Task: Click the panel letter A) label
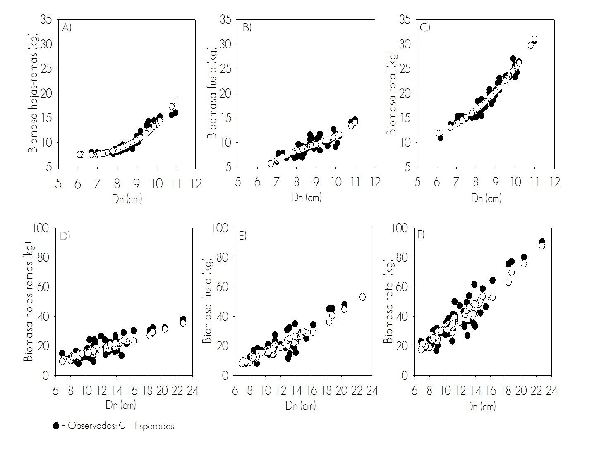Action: [x=67, y=28]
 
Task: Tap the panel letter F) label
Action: [x=421, y=235]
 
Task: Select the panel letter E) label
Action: [x=242, y=236]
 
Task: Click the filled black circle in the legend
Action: [x=56, y=426]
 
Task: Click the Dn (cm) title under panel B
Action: [x=306, y=197]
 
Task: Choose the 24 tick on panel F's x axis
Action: [x=551, y=391]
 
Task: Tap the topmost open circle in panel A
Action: [x=175, y=101]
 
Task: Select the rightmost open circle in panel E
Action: [x=362, y=297]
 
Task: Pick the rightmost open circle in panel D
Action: [x=183, y=323]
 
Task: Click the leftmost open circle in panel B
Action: [x=271, y=164]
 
